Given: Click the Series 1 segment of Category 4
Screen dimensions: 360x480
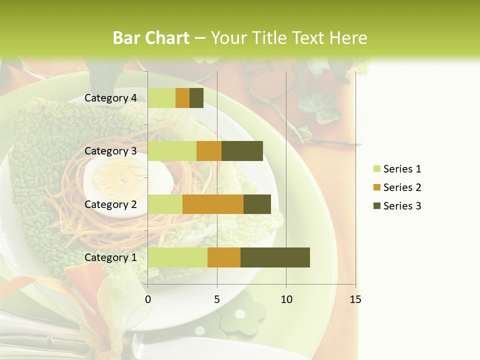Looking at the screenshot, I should (161, 98).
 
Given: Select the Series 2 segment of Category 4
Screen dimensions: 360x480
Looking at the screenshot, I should (182, 98).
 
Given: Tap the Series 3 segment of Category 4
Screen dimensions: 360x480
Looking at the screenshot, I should (196, 98).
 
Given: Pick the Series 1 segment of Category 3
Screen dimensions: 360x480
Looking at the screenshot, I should (172, 151).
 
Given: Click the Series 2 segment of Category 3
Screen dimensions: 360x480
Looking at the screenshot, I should (209, 151).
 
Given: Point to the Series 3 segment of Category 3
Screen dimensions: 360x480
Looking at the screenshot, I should (242, 151).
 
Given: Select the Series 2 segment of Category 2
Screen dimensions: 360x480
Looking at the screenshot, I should (213, 204).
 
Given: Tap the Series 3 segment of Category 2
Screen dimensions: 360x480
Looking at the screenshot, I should (257, 204).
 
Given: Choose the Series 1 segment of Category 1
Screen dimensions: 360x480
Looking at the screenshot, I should (177, 257).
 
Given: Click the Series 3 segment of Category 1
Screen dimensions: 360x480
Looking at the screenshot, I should (275, 257).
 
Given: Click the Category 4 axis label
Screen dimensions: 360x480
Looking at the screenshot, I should (110, 98).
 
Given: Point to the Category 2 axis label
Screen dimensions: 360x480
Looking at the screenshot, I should (110, 204).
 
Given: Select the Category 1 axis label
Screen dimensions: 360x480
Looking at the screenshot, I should (110, 257).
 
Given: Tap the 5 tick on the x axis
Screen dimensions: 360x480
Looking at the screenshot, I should (217, 299).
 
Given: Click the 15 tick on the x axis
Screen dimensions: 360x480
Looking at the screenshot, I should (355, 299).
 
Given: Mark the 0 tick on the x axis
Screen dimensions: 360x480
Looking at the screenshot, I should (148, 299).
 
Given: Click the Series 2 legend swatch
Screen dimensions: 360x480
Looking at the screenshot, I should (377, 187).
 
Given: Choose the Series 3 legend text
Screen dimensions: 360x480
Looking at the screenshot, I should (402, 206).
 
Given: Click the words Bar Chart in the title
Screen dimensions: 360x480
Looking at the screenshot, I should (151, 38).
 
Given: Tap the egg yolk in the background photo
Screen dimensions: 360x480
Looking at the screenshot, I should (112, 177).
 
